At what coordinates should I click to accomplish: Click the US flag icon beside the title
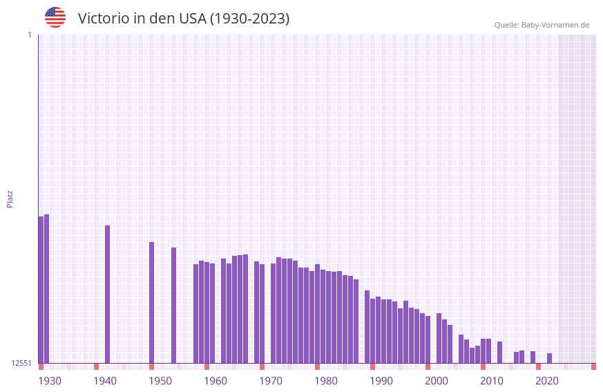pos(55,17)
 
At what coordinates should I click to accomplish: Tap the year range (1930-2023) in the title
pos(249,19)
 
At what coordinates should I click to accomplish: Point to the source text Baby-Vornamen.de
pos(555,25)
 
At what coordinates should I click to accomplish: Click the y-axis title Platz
pos(10,198)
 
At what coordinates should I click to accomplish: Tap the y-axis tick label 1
pos(29,35)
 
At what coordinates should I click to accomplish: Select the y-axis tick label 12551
pos(21,363)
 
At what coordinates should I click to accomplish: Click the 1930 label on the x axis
pos(50,381)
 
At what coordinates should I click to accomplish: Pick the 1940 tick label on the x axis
pos(105,381)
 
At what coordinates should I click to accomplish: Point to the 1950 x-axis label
pos(160,381)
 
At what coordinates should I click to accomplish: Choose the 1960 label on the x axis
pos(216,381)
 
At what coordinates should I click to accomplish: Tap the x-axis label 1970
pos(271,381)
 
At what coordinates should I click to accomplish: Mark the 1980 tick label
pos(326,381)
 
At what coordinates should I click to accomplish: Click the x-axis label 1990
pos(381,381)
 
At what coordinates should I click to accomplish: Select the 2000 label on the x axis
pos(437,381)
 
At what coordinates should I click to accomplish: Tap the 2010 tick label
pos(492,381)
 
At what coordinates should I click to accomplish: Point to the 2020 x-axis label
pos(547,381)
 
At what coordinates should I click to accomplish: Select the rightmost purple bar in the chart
pos(550,358)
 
